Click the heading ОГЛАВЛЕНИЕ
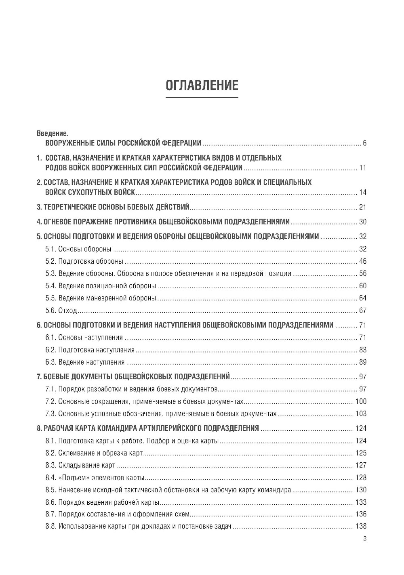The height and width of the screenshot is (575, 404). (202, 85)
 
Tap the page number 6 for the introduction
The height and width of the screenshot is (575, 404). (364, 143)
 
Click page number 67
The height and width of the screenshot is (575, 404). (362, 311)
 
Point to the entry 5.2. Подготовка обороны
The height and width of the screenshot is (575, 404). (84, 261)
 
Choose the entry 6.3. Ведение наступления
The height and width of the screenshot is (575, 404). (85, 362)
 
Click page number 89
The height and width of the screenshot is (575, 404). (362, 362)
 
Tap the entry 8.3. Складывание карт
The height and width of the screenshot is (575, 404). (80, 465)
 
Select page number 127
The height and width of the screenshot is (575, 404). (361, 465)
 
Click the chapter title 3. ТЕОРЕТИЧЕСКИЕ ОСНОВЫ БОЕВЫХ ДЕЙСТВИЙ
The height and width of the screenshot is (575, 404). (113, 208)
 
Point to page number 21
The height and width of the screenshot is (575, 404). (362, 208)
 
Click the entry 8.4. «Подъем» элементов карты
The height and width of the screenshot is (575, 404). (95, 478)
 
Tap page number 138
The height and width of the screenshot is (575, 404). (361, 526)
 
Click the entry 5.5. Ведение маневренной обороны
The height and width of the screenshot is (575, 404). (101, 298)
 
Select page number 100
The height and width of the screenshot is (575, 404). (361, 401)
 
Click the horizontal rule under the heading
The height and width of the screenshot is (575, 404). (202, 97)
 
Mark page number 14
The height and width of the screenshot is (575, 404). (362, 192)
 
